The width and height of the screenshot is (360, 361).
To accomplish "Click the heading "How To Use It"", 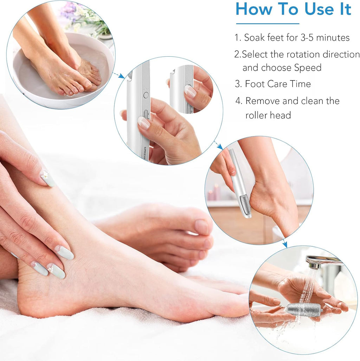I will click(x=293, y=9).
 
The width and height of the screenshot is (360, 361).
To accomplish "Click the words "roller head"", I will click(x=268, y=115).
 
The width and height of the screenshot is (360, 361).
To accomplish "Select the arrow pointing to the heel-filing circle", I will click(x=219, y=145).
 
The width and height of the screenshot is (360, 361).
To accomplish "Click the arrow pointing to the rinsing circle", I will click(x=284, y=243).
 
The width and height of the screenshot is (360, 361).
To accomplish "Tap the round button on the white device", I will click(x=146, y=95).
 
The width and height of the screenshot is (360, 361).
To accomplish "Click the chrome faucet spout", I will click(x=322, y=260).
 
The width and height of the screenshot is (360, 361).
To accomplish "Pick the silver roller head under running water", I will click(x=303, y=309).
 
